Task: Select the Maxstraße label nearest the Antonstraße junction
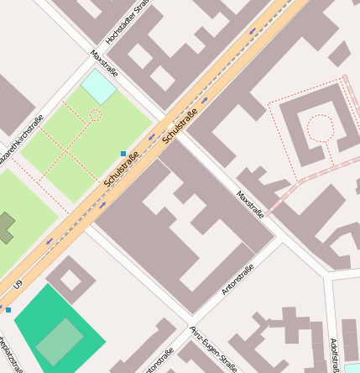(250, 203)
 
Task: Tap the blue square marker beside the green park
(123, 154)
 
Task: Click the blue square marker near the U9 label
(8, 310)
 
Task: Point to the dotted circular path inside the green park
(96, 115)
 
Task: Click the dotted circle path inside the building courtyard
(320, 128)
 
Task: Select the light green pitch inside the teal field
(59, 341)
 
